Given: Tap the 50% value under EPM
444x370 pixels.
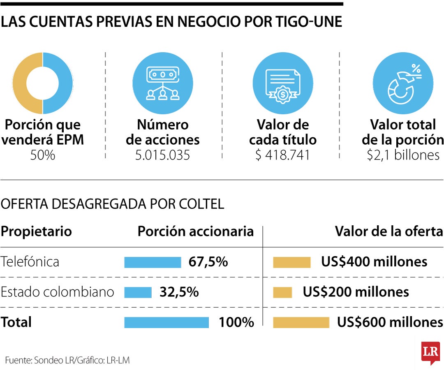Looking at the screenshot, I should (x=42, y=155).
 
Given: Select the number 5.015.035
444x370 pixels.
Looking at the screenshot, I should (x=162, y=155).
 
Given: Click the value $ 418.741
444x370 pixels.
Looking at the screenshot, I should (x=282, y=155).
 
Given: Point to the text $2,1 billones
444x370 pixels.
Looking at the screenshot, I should (x=403, y=155).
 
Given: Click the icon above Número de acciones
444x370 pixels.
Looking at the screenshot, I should (x=163, y=83).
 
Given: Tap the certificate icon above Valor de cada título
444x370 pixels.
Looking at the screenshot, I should (x=283, y=83).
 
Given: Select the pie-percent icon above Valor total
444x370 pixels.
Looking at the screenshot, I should (x=403, y=83).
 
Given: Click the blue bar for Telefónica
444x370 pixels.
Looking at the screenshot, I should (x=153, y=262).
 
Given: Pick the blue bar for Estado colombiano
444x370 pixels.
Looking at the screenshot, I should (x=138, y=292).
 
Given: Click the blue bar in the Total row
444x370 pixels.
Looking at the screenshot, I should (x=166, y=322).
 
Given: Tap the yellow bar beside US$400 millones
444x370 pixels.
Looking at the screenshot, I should (x=291, y=262).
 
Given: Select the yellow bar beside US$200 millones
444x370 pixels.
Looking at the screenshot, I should (x=282, y=292).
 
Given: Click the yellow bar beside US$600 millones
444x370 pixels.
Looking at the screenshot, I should (x=301, y=322).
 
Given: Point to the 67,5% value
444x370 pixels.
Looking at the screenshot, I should (x=208, y=262).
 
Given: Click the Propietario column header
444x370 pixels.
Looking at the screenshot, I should (x=36, y=231).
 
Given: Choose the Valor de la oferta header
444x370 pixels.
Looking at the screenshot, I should (x=388, y=231).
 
